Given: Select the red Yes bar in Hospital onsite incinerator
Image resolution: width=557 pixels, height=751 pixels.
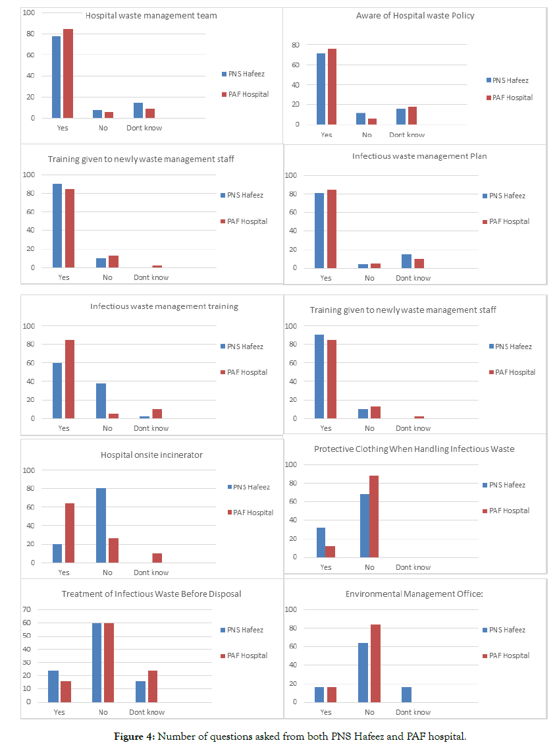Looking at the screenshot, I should tap(69, 533).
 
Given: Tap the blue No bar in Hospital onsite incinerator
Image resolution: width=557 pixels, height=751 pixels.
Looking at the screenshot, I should tap(101, 525).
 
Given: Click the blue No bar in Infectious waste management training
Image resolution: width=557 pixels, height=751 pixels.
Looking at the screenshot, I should tap(101, 401).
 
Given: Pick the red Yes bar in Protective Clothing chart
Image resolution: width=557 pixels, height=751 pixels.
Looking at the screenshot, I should tap(330, 551).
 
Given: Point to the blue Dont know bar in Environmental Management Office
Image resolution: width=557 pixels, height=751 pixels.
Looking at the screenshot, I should tap(406, 694).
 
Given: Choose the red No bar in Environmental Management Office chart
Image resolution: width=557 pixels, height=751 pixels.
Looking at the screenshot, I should tap(375, 663).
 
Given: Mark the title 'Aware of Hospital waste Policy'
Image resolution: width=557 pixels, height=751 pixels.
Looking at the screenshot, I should tap(415, 15).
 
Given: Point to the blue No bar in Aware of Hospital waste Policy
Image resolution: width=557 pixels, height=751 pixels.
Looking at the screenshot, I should tap(361, 119).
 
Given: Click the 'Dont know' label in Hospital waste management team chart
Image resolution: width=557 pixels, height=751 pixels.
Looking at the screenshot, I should tap(144, 128).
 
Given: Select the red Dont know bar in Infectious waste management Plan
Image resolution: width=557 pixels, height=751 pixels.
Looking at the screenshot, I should tap(419, 263).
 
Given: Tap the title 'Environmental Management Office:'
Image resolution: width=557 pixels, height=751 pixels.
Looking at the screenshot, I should tap(415, 594).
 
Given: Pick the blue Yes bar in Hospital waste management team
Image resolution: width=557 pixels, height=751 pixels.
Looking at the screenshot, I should tap(57, 77).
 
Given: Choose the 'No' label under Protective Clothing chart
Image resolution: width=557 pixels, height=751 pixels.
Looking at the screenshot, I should tap(369, 567).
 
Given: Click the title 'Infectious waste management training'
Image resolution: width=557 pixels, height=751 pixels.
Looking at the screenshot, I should tap(164, 306).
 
